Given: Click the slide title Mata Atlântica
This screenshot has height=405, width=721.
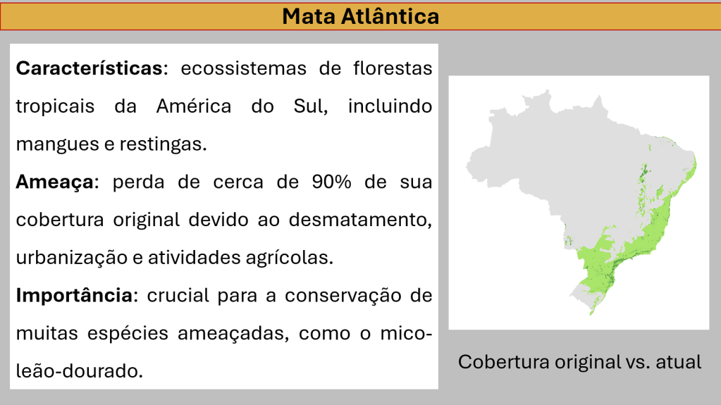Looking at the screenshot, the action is [361, 16].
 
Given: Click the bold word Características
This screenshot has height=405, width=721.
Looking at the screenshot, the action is [90, 68].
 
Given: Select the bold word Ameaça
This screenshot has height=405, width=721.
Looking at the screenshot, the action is [55, 182].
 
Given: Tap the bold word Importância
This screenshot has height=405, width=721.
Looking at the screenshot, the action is [75, 296].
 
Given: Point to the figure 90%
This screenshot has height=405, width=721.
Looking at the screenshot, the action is [331, 182].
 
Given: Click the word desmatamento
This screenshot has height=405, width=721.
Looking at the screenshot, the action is [360, 220].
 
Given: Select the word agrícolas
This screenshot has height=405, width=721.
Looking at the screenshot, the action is [289, 258].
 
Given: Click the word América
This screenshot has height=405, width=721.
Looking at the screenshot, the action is [194, 106].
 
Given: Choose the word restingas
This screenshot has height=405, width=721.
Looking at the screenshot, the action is [164, 144].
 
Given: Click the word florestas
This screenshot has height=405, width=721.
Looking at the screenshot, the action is [393, 68].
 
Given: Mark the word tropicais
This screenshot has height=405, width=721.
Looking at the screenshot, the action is [55, 106].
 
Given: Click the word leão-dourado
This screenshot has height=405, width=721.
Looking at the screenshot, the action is [80, 371].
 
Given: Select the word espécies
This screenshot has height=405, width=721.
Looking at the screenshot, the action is [128, 333].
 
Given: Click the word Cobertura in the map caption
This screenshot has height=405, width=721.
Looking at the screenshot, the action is [503, 362].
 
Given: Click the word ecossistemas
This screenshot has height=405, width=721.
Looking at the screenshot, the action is [243, 68].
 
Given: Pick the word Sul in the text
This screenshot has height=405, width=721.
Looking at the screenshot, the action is [310, 106].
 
